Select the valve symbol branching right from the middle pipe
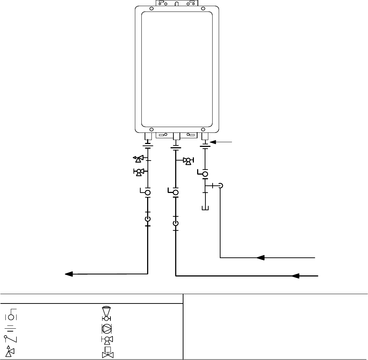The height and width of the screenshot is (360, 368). click(x=187, y=161)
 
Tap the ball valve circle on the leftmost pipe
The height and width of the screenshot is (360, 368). click(x=147, y=193)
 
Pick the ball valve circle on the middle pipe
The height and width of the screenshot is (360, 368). click(x=176, y=193)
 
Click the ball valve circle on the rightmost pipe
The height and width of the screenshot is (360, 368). click(x=205, y=175)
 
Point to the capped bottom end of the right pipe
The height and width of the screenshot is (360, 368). click(x=205, y=208)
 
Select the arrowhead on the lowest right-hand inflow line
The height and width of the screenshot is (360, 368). click(x=296, y=276)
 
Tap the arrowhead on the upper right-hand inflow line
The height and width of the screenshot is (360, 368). click(x=260, y=258)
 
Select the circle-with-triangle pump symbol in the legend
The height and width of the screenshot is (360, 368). click(x=106, y=328)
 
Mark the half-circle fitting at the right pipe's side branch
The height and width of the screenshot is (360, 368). click(x=221, y=186)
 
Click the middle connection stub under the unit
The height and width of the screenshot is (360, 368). click(x=176, y=136)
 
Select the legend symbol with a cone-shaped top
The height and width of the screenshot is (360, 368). click(x=106, y=314)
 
